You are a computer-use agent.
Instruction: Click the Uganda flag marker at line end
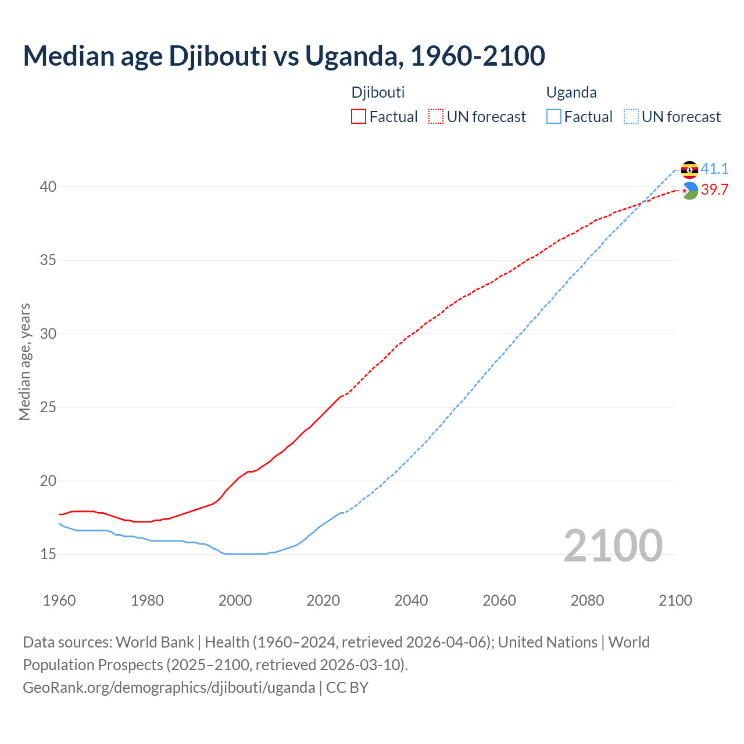(689, 170)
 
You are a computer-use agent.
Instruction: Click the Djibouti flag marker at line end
(689, 191)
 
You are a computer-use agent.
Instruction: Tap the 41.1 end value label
(714, 169)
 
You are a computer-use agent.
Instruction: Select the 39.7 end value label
(714, 190)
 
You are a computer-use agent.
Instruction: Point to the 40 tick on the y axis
(48, 187)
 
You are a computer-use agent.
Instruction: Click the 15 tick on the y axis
(48, 555)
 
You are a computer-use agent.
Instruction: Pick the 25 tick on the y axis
(48, 407)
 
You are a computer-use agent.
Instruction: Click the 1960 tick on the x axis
(59, 600)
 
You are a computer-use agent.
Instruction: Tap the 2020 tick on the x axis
(323, 600)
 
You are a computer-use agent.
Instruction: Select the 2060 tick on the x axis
(499, 600)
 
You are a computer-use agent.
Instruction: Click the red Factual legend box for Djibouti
(359, 117)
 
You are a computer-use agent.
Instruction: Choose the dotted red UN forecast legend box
(436, 117)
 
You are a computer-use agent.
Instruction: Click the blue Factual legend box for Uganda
(554, 117)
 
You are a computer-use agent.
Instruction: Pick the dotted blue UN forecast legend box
(631, 117)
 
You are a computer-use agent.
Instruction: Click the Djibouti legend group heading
(378, 92)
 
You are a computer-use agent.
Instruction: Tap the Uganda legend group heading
(571, 92)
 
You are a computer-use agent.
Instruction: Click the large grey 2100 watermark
(613, 545)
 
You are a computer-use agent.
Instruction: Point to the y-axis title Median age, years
(24, 362)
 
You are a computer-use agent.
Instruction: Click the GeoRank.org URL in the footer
(169, 688)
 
